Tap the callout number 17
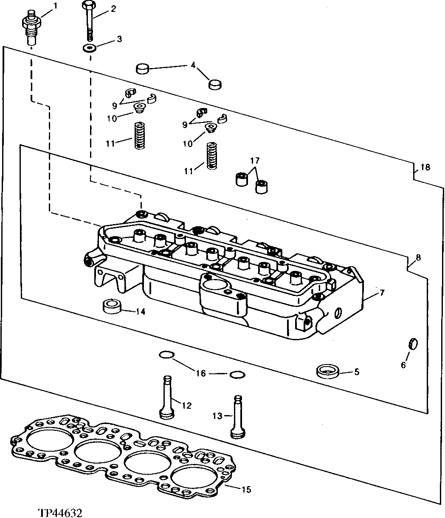coord(254,161)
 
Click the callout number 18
coord(425,167)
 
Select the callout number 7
coord(382,292)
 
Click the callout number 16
coord(201,373)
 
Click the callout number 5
coord(357,372)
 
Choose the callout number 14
coord(141,312)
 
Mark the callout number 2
coord(113,9)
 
